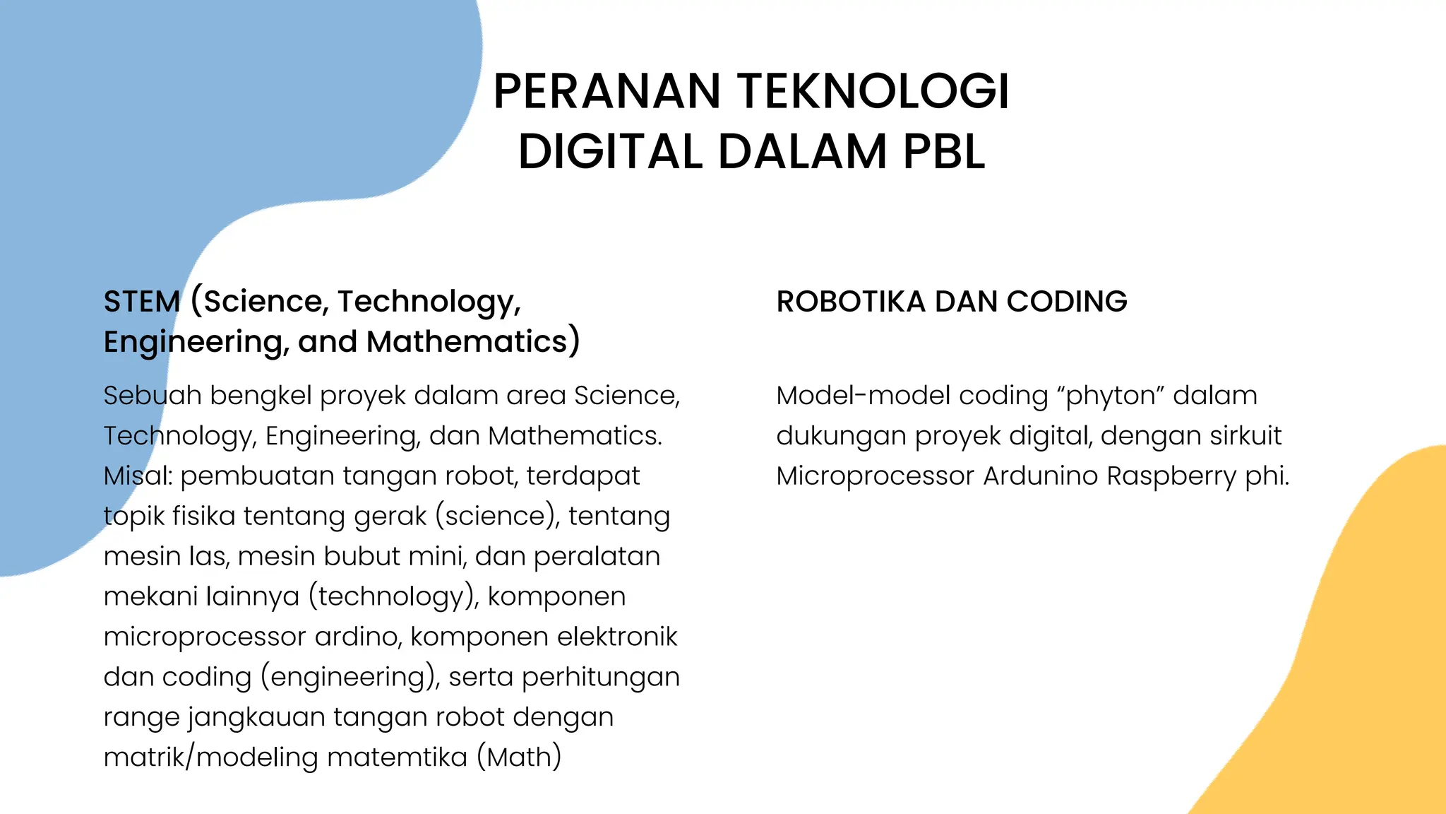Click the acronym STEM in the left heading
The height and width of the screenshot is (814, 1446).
(x=142, y=302)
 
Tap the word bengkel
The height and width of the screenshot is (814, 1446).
(x=261, y=396)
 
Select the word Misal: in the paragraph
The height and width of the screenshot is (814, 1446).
(x=138, y=476)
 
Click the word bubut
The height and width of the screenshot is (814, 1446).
(x=362, y=557)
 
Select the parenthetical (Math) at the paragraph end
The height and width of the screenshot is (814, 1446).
(x=519, y=757)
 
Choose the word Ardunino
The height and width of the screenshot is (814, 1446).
(x=1041, y=476)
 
